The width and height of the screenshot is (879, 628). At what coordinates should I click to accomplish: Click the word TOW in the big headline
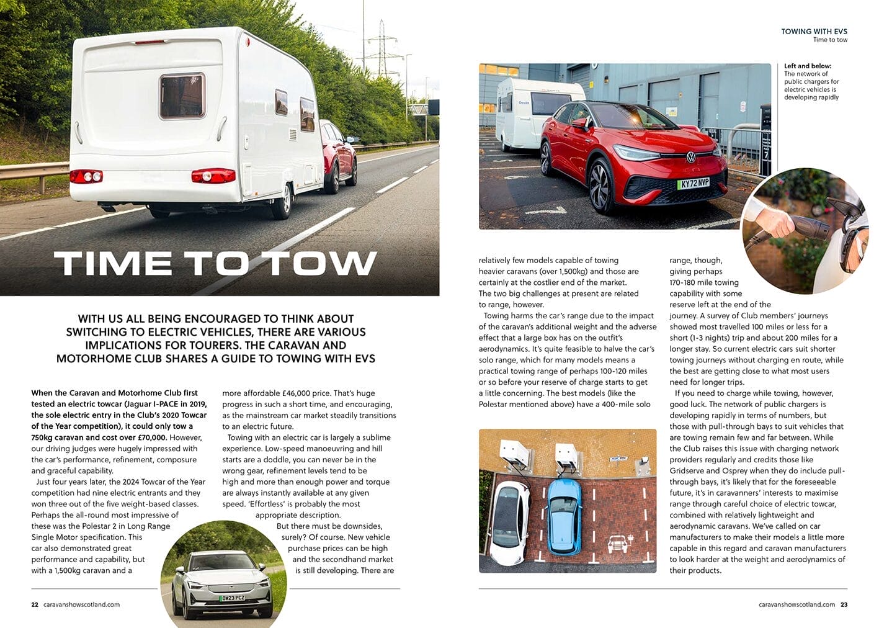click(x=323, y=263)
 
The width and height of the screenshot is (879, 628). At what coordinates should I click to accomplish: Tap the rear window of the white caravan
click(x=182, y=96)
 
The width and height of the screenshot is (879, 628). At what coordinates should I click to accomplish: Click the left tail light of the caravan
click(x=86, y=176)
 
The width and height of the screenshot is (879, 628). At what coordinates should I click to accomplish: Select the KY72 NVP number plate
click(x=694, y=184)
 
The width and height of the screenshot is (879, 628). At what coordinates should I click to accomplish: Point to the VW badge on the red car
click(x=690, y=158)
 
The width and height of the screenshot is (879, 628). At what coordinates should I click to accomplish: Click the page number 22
click(x=35, y=604)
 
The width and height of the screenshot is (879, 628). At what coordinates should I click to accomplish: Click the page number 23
click(x=844, y=604)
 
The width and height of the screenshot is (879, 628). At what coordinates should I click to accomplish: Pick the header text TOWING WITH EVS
click(x=814, y=31)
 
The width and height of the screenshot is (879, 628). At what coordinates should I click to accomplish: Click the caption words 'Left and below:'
click(x=808, y=66)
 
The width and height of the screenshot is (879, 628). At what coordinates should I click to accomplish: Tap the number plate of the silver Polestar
click(x=232, y=598)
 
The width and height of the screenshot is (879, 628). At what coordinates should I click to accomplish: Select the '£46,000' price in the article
click(x=300, y=393)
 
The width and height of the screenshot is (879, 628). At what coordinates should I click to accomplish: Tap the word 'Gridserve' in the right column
click(x=688, y=470)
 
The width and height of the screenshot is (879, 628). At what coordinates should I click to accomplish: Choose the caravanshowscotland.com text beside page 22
click(x=82, y=604)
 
